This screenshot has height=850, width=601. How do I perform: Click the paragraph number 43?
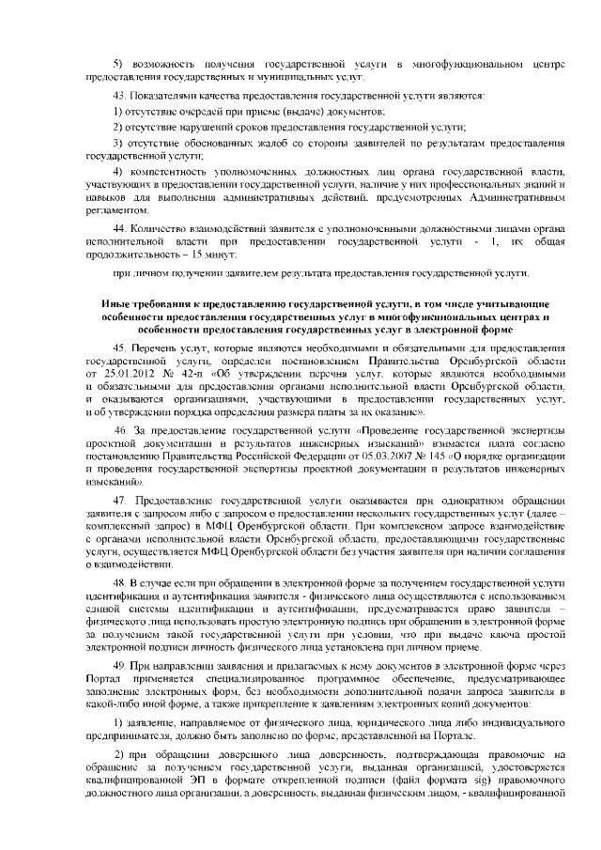tap(117, 95)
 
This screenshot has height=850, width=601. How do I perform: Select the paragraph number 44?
tap(117, 228)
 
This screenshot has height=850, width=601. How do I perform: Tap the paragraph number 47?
tap(117, 497)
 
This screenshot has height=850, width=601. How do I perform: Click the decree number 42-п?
tap(177, 374)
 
